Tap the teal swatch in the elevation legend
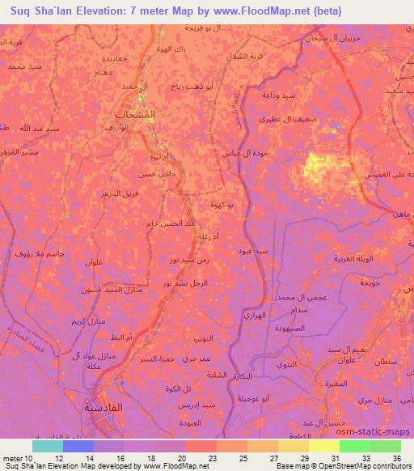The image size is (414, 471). (x=48, y=446)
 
